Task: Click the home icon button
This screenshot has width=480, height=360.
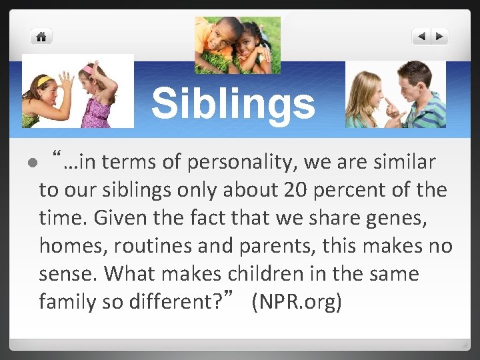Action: pyautogui.click(x=41, y=37)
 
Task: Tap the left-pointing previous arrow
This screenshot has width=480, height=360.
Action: pyautogui.click(x=421, y=37)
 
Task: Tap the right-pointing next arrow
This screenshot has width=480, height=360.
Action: pyautogui.click(x=440, y=37)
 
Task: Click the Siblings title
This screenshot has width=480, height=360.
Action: pyautogui.click(x=233, y=104)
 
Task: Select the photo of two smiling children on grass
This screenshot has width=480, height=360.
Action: pyautogui.click(x=237, y=45)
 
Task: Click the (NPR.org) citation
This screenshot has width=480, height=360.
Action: pyautogui.click(x=297, y=302)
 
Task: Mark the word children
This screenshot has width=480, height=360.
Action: pyautogui.click(x=265, y=274)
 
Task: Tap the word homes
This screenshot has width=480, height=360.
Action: pyautogui.click(x=71, y=246)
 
